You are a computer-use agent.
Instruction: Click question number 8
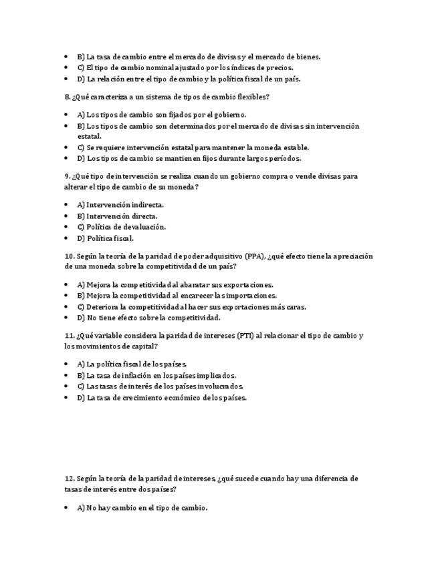coord(68,97)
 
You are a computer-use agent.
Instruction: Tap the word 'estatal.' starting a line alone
coord(89,136)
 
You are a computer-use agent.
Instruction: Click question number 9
coord(68,176)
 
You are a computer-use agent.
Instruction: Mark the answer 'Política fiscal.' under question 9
coord(106,238)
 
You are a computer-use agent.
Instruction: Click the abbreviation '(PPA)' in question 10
coord(254,256)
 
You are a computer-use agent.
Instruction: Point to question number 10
coord(70,256)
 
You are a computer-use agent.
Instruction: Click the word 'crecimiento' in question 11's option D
coord(154,398)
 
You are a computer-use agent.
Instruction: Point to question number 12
coord(70,479)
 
